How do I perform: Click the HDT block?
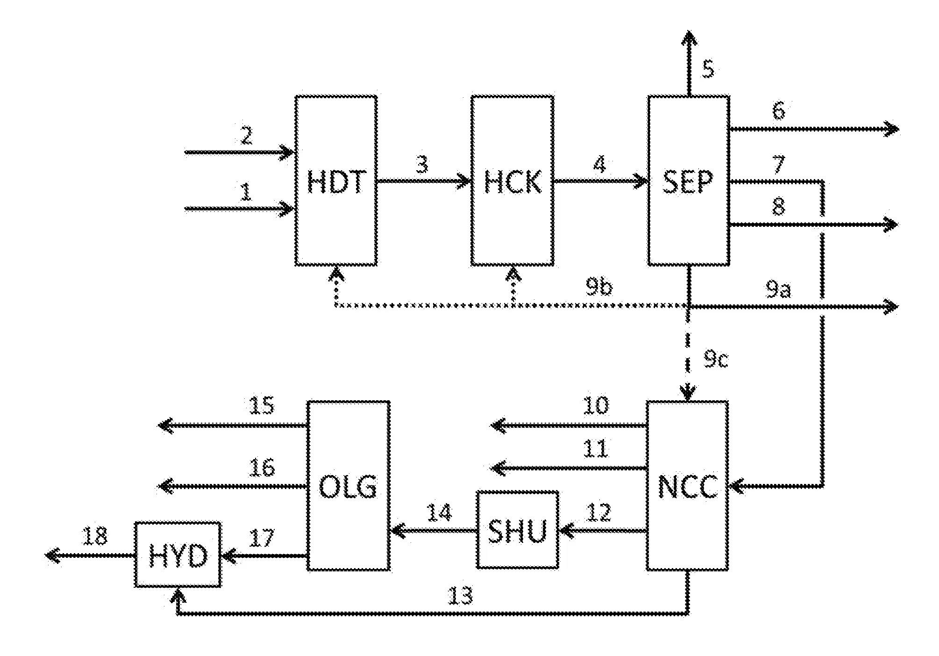pyautogui.click(x=336, y=181)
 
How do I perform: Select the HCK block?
pyautogui.click(x=512, y=181)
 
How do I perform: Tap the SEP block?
pyautogui.click(x=688, y=181)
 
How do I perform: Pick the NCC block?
pyautogui.click(x=687, y=486)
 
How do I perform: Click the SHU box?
pyautogui.click(x=518, y=530)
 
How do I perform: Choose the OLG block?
pyautogui.click(x=348, y=486)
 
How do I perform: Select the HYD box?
pyautogui.click(x=178, y=555)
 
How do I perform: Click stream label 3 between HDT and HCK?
pyautogui.click(x=422, y=165)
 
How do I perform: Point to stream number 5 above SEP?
pyautogui.click(x=708, y=69)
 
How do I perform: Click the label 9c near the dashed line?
pyautogui.click(x=716, y=360)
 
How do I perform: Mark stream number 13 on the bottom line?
pyautogui.click(x=460, y=596)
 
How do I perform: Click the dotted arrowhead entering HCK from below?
pyautogui.click(x=513, y=274)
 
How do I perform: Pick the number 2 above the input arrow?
pyautogui.click(x=246, y=136)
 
